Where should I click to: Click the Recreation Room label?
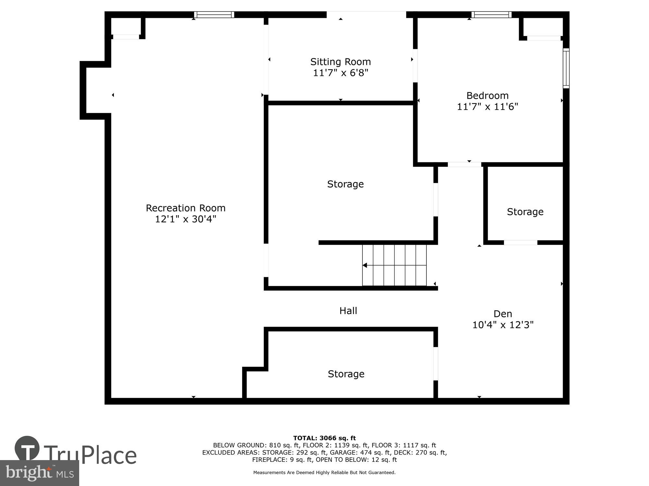[x=185, y=208]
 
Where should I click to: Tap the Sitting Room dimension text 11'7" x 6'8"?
[x=340, y=73]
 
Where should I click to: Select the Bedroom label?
[x=487, y=96]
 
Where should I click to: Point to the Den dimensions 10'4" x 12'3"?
[x=503, y=325]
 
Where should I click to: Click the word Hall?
[x=348, y=311]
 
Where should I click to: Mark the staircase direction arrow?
[x=365, y=265]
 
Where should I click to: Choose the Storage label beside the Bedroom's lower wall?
[x=525, y=212]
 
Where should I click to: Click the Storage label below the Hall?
[x=346, y=374]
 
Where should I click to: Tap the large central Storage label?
[x=345, y=184]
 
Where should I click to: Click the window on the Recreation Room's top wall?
[x=214, y=15]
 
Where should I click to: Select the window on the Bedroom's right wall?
[x=566, y=68]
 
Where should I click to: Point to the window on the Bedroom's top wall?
[x=491, y=15]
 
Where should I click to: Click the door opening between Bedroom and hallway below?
[x=464, y=165]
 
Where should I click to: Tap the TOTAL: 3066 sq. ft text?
[x=324, y=438]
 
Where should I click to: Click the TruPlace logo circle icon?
[x=27, y=449]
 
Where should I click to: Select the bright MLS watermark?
[x=40, y=473]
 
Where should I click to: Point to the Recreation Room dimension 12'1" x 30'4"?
[x=185, y=219]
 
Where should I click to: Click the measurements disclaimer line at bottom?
[x=324, y=473]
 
